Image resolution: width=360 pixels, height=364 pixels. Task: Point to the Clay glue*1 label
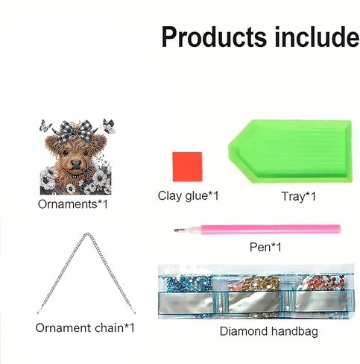189,195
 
